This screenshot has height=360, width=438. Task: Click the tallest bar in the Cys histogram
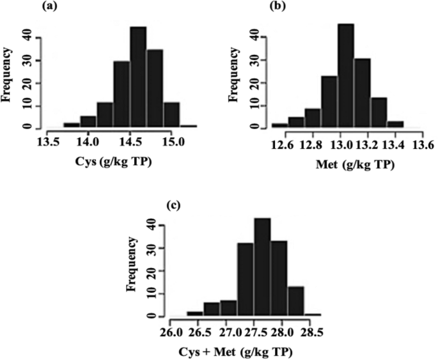point(138,77)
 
